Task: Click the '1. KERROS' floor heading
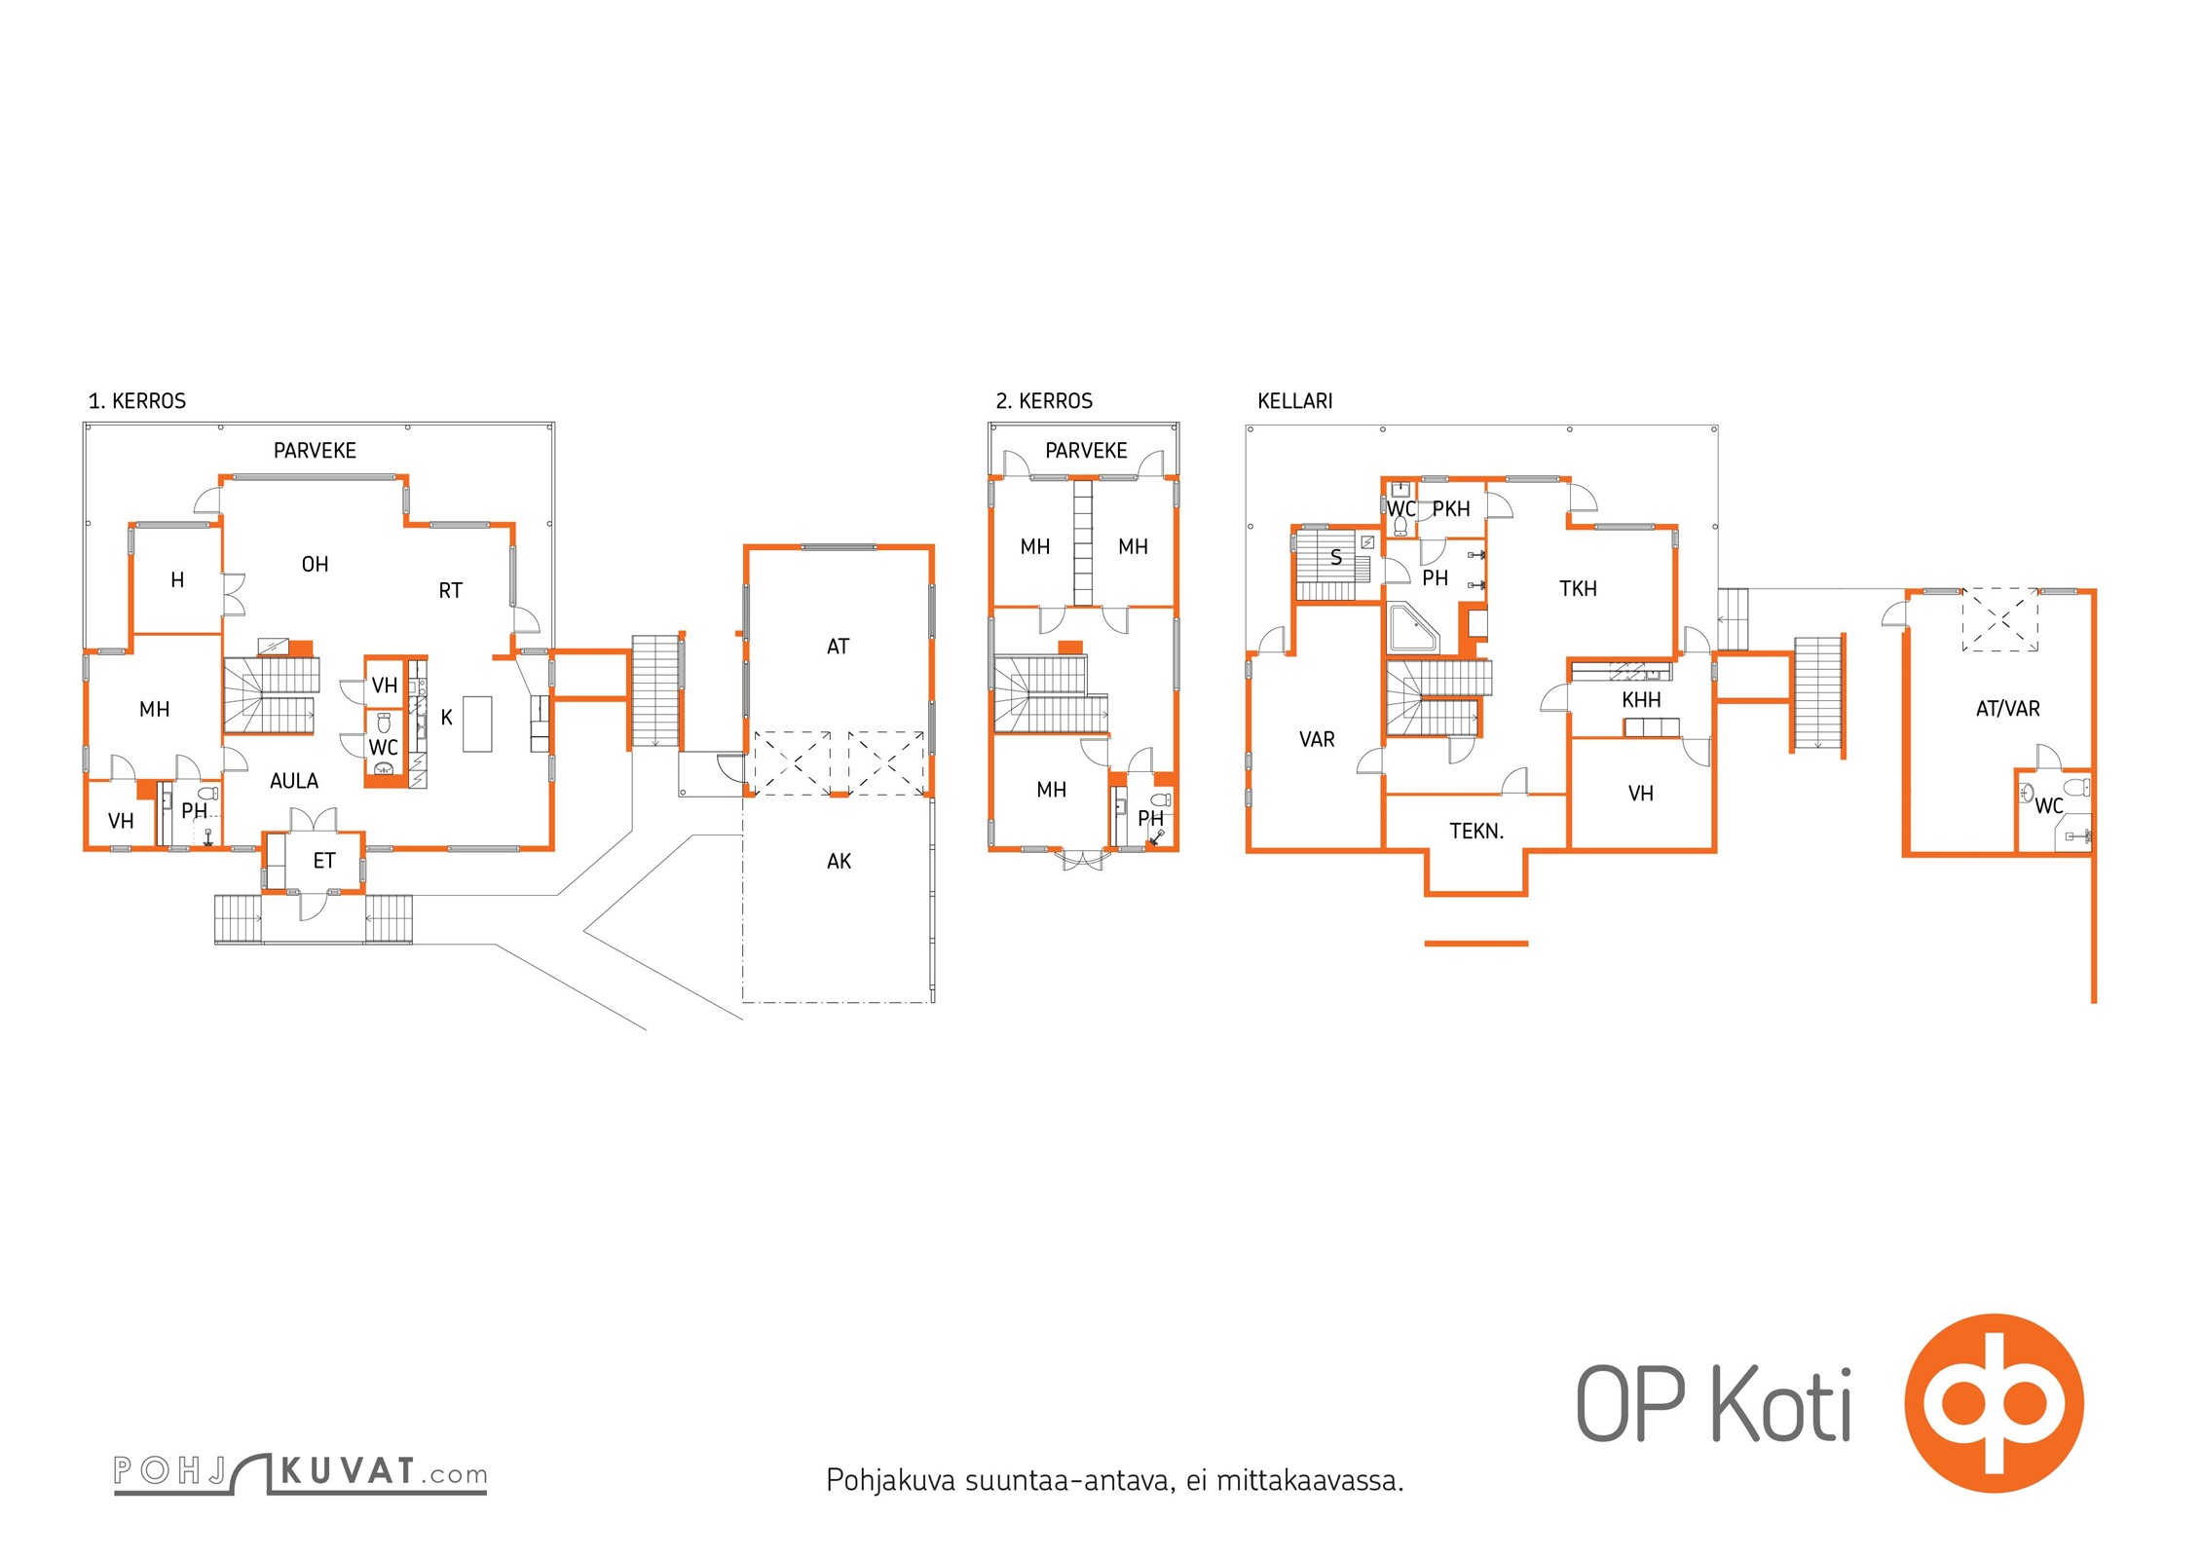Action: click(137, 401)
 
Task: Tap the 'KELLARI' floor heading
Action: click(1294, 401)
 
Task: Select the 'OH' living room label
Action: click(315, 565)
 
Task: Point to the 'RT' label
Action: click(450, 591)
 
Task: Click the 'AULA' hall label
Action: click(294, 781)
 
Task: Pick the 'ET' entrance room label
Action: click(324, 861)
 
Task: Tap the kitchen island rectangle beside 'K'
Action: click(477, 723)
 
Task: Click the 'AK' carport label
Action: click(839, 862)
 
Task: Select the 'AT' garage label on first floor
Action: click(838, 647)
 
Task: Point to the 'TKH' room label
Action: click(1578, 589)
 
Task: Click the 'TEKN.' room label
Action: click(1476, 832)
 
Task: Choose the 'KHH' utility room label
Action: click(1641, 700)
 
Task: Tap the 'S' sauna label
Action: click(1336, 558)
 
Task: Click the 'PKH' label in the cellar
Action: click(1451, 509)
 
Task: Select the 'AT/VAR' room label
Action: click(2007, 709)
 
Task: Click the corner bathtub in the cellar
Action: click(1411, 628)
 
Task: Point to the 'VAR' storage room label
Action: click(1317, 740)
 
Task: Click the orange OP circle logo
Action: click(1994, 1403)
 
